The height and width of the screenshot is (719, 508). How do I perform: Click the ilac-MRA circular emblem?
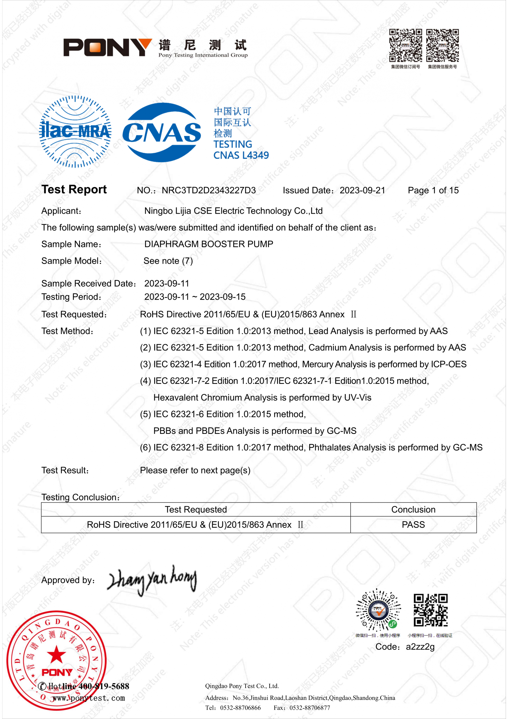(x=75, y=132)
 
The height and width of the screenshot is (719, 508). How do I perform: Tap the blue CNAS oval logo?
(x=161, y=132)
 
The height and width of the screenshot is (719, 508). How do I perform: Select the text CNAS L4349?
(x=241, y=155)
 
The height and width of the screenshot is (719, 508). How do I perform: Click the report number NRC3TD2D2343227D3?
(x=208, y=190)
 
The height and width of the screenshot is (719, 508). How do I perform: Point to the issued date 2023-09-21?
(x=362, y=190)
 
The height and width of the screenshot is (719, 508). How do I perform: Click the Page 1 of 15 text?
(x=433, y=190)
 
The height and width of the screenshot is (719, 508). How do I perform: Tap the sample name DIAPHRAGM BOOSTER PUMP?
(x=208, y=244)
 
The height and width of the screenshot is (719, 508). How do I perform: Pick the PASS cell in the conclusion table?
(x=413, y=525)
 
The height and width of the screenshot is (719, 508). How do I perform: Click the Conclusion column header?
(x=413, y=510)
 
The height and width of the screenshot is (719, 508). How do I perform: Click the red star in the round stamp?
(x=56, y=654)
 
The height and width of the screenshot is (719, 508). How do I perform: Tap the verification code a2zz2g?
(x=420, y=647)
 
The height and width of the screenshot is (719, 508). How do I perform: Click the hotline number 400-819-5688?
(x=104, y=686)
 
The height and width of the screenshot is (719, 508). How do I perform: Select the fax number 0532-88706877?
(x=310, y=708)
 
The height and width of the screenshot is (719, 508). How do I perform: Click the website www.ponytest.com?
(x=89, y=698)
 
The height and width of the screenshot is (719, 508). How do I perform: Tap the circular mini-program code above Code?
(x=378, y=610)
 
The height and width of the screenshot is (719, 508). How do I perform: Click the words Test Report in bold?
(x=74, y=190)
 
